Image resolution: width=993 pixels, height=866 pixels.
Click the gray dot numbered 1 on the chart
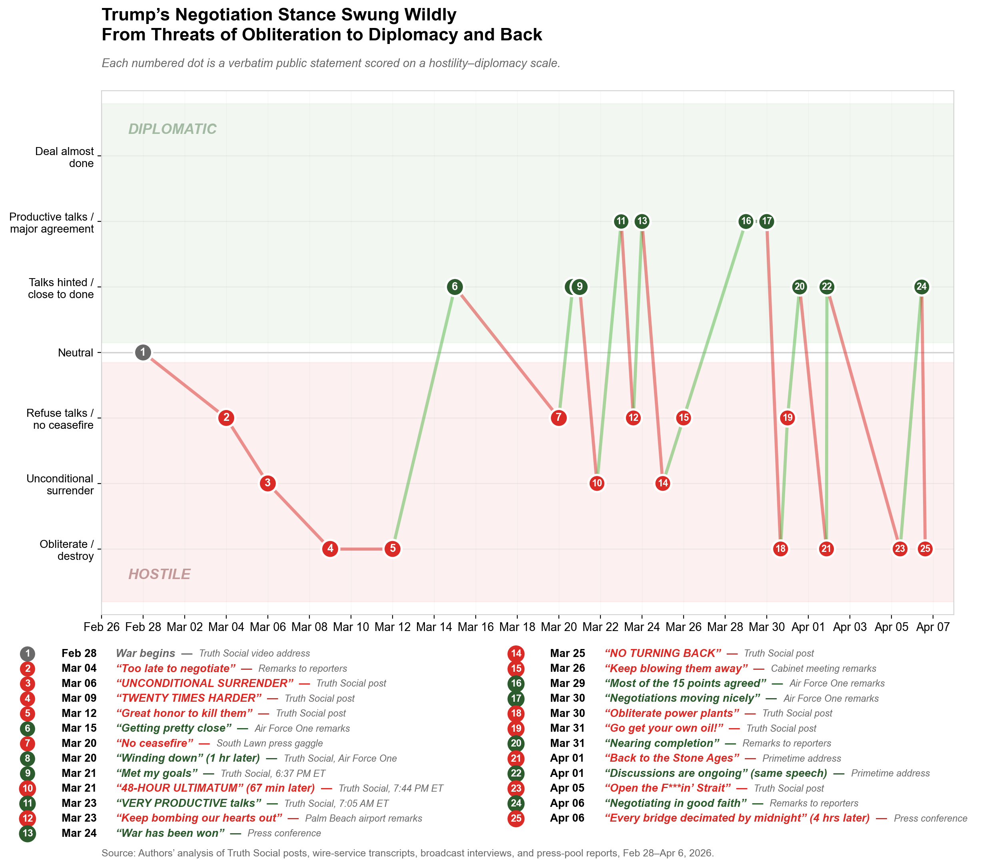143,353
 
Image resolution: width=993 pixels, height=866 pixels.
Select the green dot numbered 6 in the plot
455,287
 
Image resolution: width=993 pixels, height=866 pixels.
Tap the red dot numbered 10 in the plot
597,483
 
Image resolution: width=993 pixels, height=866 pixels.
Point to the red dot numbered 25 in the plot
925,549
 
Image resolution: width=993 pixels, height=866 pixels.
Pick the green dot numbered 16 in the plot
746,221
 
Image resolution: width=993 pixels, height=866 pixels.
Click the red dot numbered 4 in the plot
330,549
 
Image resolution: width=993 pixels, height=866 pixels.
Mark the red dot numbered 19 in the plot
788,418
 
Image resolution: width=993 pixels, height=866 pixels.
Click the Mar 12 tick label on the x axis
392,627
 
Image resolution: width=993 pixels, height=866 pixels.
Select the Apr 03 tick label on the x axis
850,627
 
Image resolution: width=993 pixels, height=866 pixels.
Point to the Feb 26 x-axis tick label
102,627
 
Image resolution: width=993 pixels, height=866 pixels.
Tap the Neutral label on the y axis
76,353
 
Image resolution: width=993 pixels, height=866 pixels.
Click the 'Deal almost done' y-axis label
65,157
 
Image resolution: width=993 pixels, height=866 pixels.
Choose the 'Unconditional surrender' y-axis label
60,484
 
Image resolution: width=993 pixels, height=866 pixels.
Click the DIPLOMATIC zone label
172,129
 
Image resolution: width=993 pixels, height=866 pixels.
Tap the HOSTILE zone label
159,574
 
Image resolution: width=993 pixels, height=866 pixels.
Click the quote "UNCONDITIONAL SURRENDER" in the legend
205,683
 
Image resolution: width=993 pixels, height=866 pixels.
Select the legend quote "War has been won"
170,833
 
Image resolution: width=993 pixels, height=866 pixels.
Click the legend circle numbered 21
516,758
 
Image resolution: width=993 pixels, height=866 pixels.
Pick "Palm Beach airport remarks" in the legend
363,818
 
